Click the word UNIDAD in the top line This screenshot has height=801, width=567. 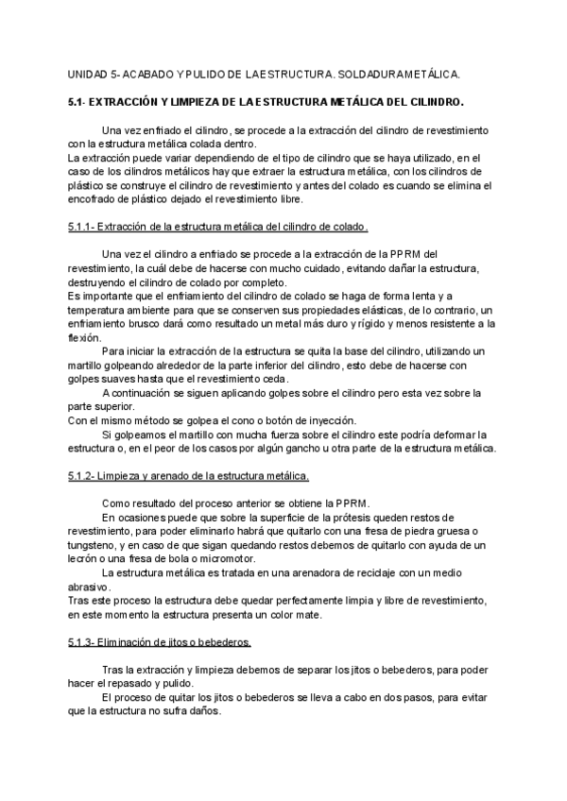point(89,73)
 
